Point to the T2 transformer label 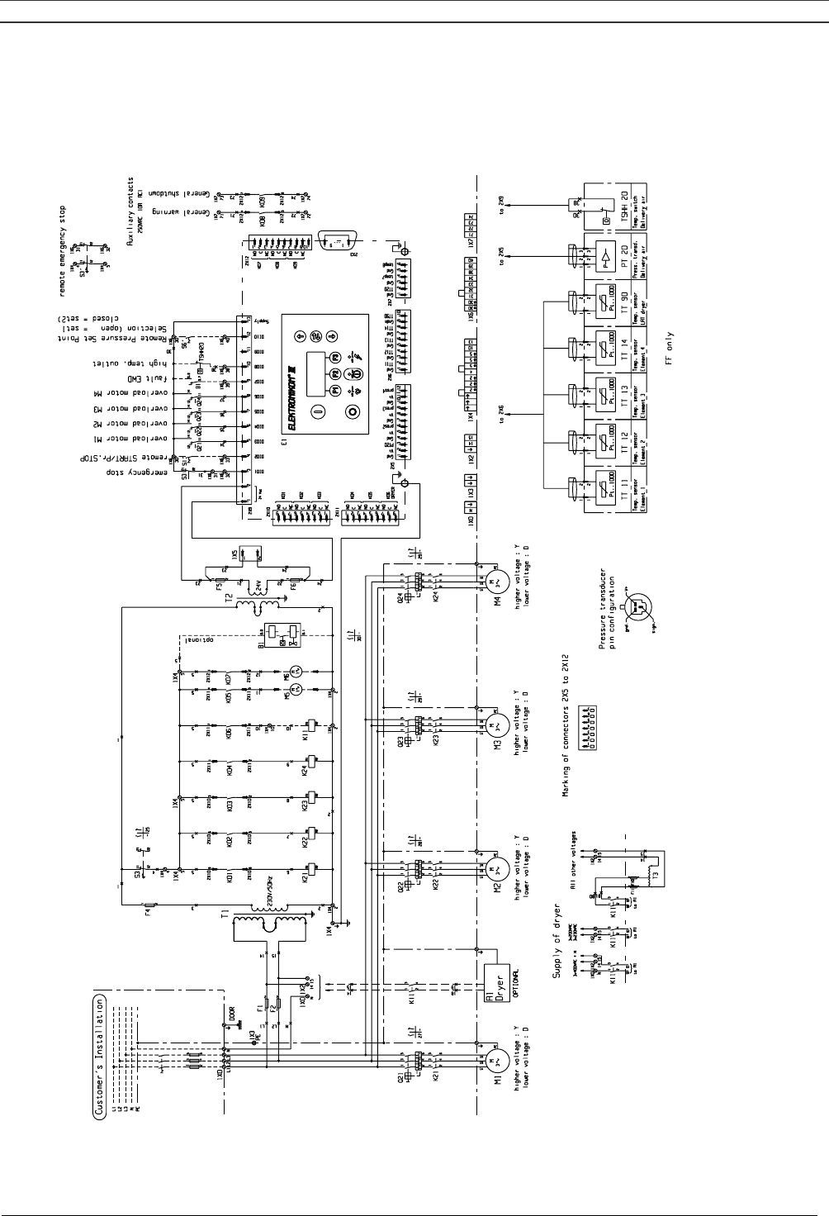coord(228,599)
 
